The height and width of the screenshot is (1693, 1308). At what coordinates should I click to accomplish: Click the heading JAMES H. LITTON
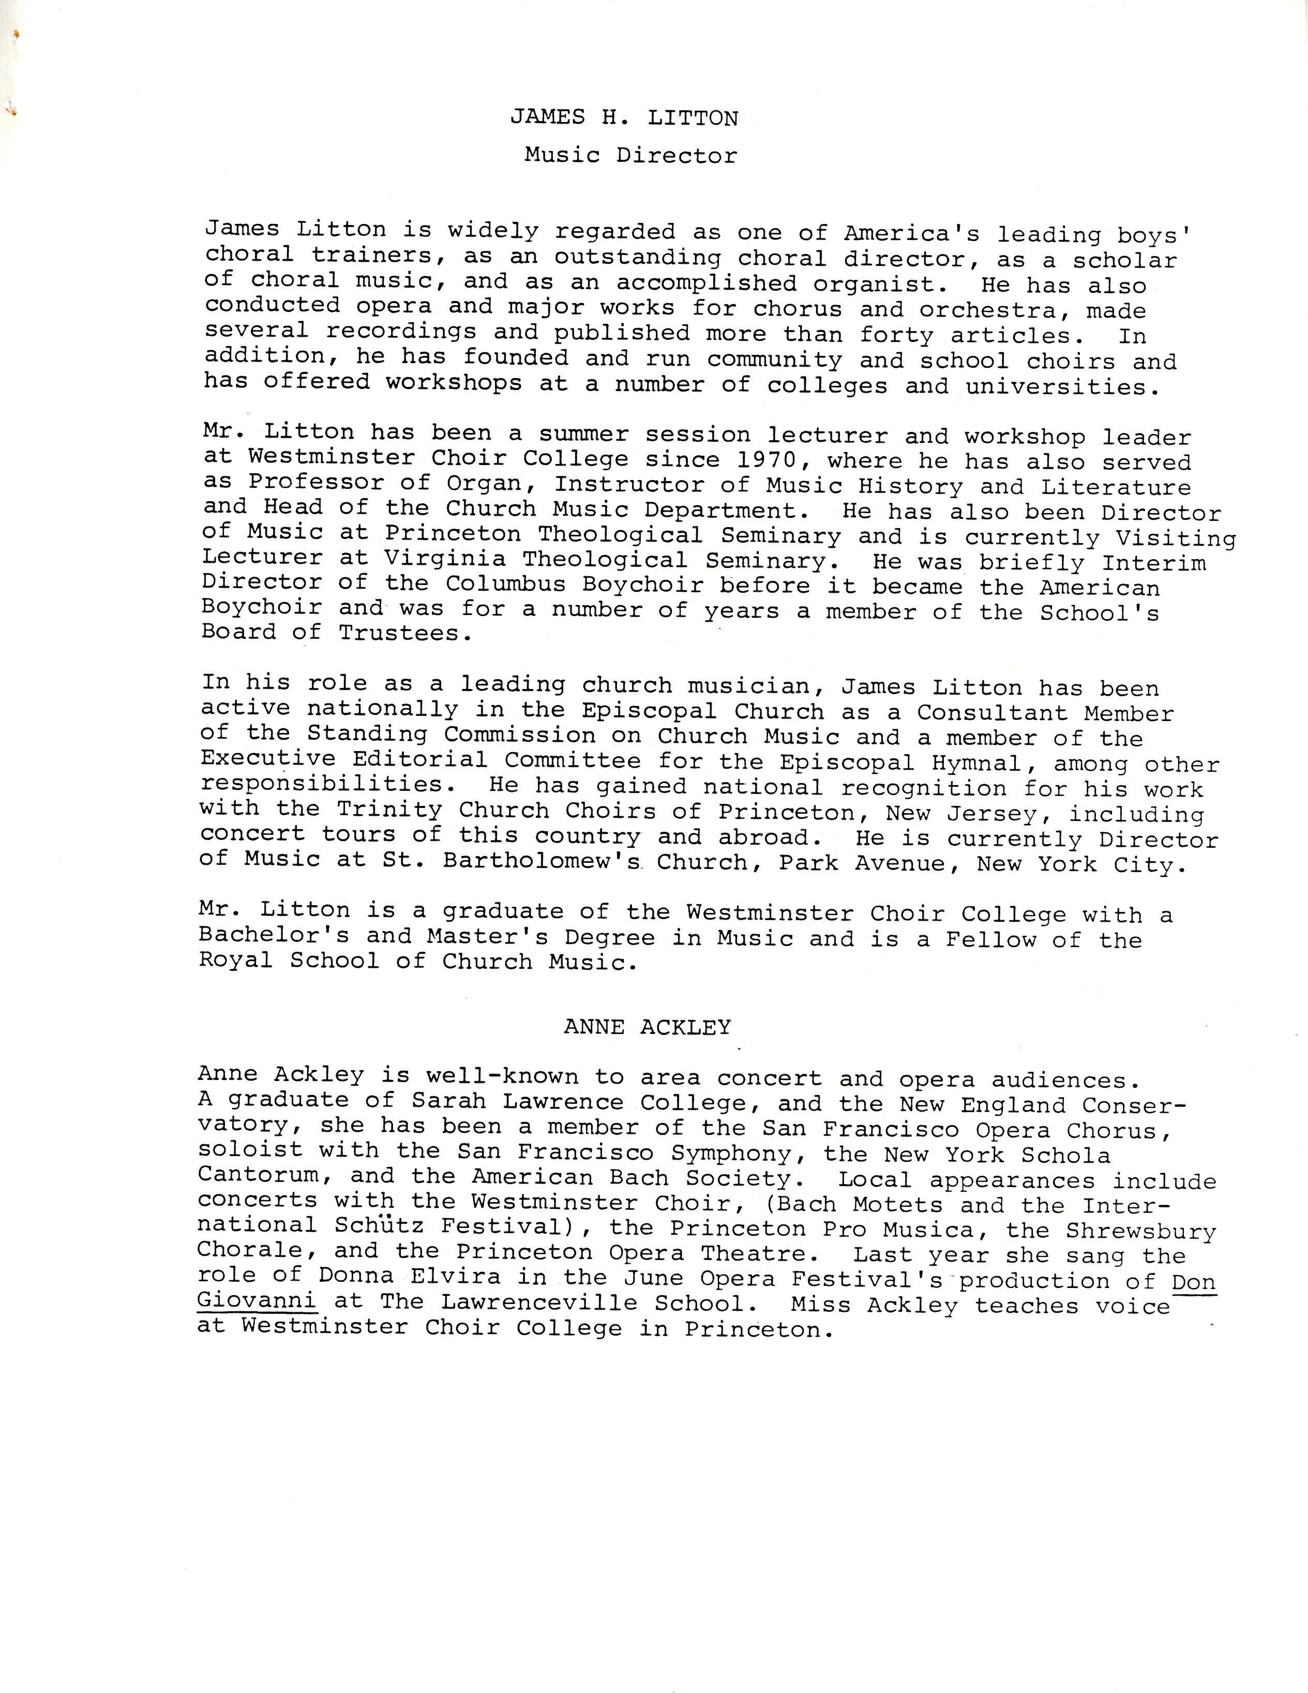[x=624, y=118]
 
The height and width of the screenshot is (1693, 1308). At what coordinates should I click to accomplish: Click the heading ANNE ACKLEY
[x=647, y=1028]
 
